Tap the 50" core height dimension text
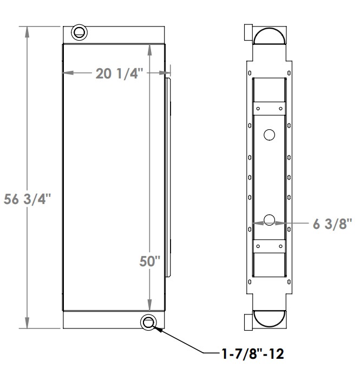coord(149,262)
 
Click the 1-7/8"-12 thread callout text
coord(252,354)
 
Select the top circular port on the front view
coord(79,32)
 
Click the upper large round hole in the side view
coord(269,134)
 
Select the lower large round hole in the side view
coord(269,219)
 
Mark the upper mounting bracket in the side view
coord(269,109)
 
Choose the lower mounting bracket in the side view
coord(269,247)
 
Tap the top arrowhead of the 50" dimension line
coord(149,48)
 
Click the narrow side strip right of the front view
coord(169,176)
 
